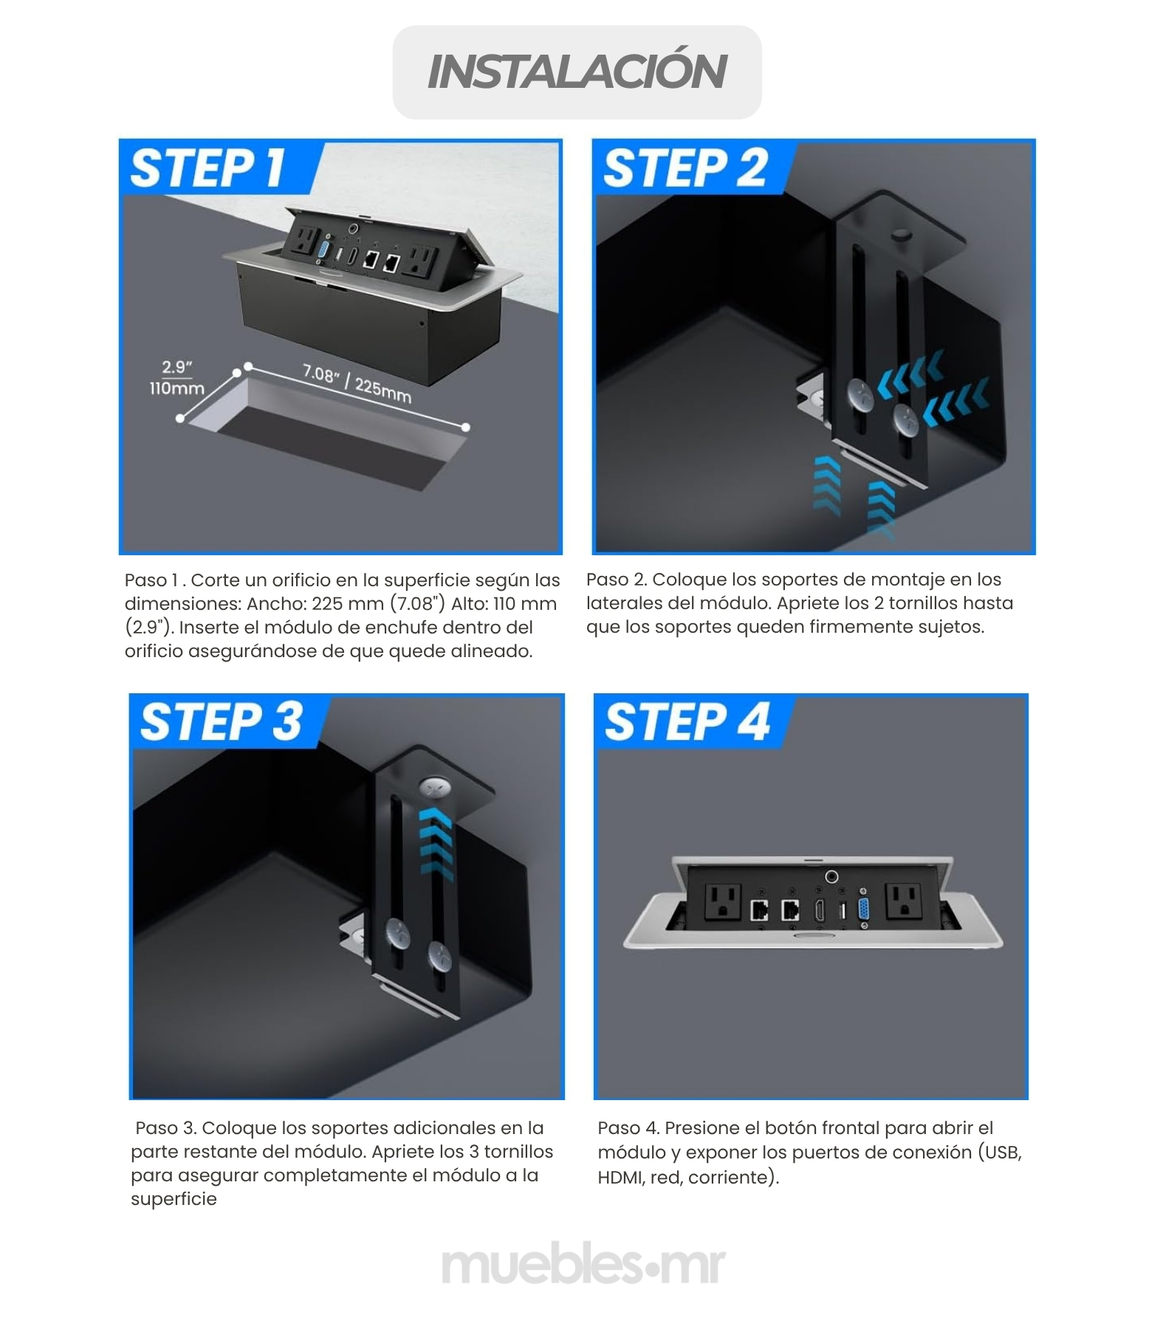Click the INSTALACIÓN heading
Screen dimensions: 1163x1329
577,72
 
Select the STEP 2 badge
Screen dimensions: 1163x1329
685,168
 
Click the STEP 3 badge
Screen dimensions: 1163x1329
221,721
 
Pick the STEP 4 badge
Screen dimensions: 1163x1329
687,721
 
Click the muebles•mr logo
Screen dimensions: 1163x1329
583,1266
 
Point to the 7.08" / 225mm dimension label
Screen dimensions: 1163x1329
357,383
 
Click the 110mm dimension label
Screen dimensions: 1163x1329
176,388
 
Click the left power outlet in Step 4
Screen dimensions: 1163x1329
723,902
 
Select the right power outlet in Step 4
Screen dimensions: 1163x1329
905,902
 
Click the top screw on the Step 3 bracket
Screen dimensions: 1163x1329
436,789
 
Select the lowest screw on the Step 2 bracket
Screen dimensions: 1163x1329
906,419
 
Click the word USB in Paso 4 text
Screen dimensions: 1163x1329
1002,1153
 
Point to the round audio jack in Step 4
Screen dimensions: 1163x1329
833,877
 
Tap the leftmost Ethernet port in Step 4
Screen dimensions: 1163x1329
759,910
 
